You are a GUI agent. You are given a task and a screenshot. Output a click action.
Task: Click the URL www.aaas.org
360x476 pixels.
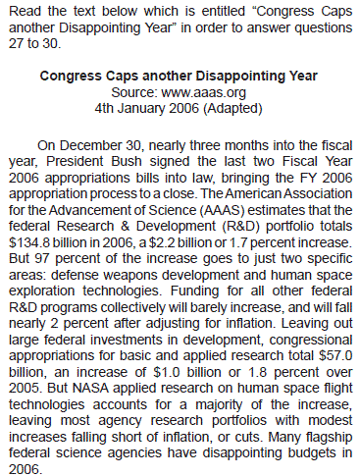coord(203,92)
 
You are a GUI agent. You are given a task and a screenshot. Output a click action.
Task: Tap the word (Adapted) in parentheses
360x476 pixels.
coord(232,108)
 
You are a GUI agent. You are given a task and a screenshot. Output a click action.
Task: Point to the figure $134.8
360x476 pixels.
coord(29,242)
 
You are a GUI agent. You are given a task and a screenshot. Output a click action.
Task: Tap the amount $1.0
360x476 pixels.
coord(166,372)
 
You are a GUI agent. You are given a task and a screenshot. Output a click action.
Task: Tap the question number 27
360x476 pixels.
coord(16,43)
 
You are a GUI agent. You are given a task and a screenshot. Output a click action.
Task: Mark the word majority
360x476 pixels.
coord(219,404)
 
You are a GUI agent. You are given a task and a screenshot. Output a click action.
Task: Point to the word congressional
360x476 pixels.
coord(311,340)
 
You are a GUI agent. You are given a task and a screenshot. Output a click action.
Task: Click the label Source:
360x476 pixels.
coord(134,92)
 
